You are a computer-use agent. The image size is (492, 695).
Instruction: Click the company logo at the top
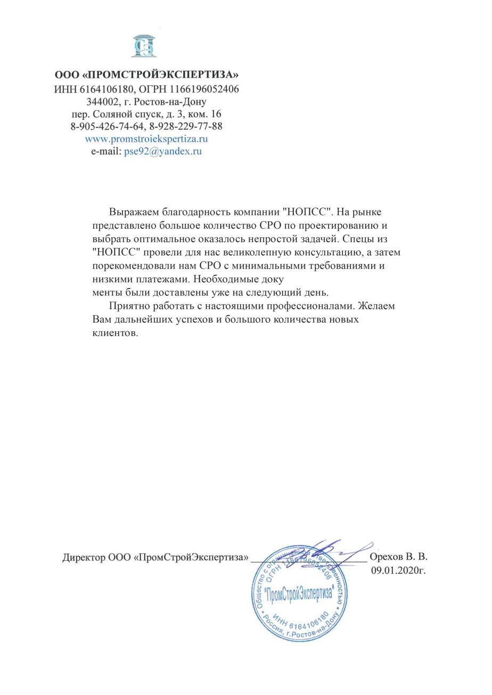click(145, 46)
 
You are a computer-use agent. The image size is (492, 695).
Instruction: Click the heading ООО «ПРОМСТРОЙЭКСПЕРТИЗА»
click(147, 75)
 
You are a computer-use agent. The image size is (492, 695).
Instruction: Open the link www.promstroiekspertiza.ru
click(146, 139)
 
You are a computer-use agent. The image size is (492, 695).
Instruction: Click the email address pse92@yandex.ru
click(163, 151)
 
